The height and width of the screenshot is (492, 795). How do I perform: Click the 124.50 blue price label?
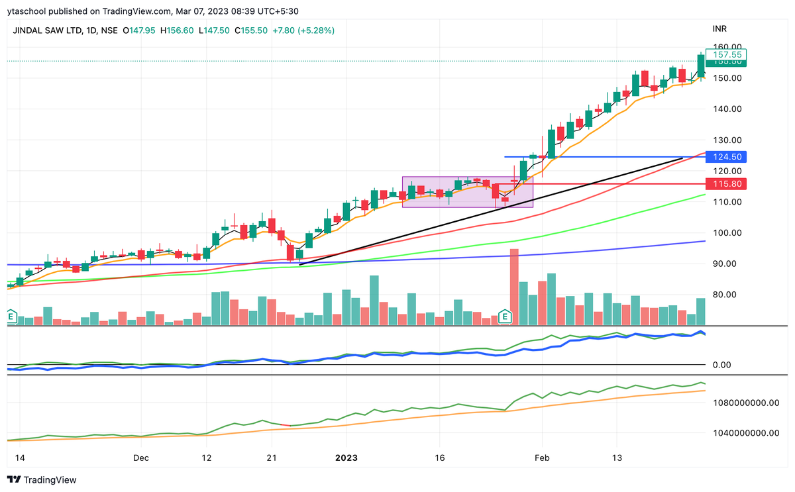click(727, 157)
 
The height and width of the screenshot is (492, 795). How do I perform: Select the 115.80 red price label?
click(727, 183)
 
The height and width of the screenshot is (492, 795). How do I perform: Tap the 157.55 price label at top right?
click(727, 54)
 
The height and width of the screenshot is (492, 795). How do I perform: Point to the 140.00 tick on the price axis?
click(726, 109)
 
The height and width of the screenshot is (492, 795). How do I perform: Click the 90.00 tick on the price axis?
click(726, 264)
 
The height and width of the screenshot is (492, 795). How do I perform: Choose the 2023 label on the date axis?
click(348, 458)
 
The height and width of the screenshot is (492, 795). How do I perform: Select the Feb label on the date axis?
click(541, 458)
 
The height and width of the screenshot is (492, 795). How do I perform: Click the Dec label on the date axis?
click(140, 458)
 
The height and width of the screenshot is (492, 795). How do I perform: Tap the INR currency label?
click(721, 30)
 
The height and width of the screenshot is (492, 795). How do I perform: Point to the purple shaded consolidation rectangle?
click(468, 192)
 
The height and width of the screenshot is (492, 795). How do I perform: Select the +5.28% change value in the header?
click(316, 30)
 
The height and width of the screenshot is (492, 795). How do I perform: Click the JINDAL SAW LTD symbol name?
click(47, 30)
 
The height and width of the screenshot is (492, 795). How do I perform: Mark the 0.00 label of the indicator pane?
click(726, 365)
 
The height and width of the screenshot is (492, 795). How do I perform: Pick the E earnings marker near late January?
click(505, 317)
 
